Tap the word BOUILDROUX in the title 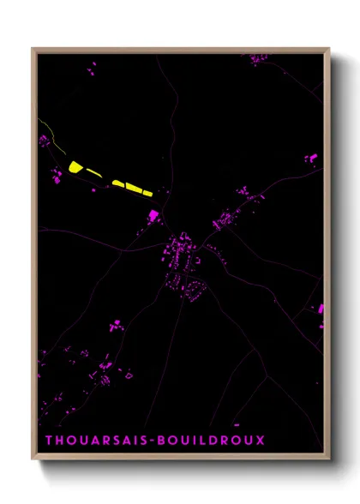221,441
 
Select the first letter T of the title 49,441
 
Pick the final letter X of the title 261,441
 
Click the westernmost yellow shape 75,167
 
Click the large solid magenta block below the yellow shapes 154,215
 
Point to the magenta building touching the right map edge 321,309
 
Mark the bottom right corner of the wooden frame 329,460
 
